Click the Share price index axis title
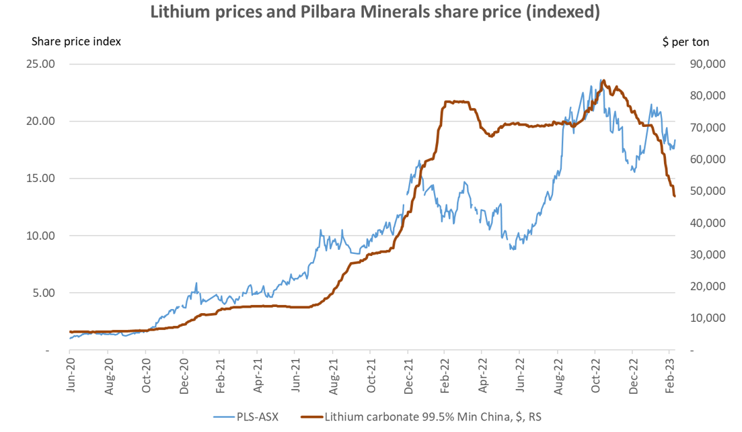[76, 41]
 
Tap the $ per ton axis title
[685, 42]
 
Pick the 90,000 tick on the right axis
[706, 64]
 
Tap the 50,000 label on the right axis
[706, 191]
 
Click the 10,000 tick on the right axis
[706, 318]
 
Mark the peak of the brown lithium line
[603, 81]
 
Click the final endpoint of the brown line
[675, 196]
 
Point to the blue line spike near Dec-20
[196, 284]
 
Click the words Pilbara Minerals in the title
[373, 11]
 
